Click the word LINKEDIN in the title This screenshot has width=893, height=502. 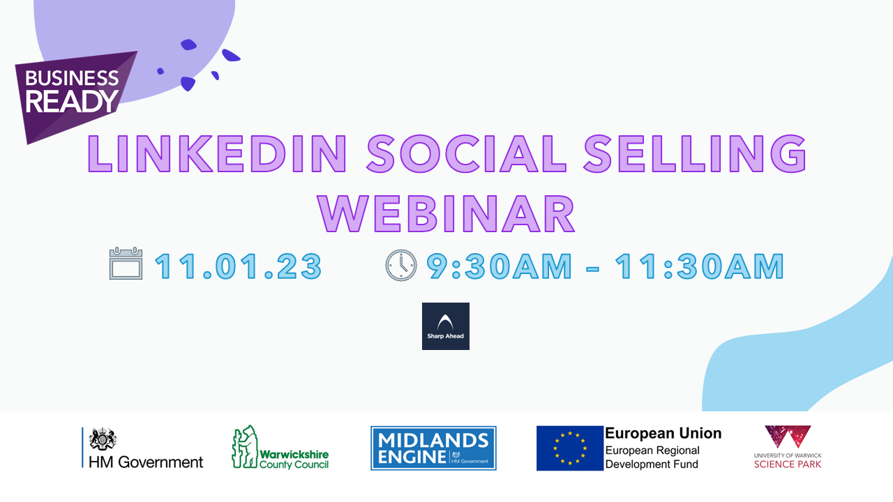[217, 153]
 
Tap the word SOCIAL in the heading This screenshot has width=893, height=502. [467, 153]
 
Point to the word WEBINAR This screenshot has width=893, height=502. [446, 213]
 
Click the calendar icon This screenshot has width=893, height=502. [126, 264]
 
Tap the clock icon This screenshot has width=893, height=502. [401, 266]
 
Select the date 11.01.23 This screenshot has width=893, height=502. [239, 266]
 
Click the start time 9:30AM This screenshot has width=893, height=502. [500, 266]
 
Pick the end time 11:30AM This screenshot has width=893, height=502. [700, 266]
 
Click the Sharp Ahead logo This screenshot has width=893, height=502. [446, 326]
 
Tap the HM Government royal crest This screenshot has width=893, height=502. [103, 439]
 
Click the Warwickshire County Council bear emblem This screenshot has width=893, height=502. [245, 447]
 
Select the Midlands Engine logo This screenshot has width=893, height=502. [433, 448]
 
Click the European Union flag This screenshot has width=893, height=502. [570, 448]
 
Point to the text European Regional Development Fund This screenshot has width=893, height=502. [652, 457]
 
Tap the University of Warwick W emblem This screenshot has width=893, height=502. [788, 436]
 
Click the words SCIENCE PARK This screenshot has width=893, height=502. [788, 464]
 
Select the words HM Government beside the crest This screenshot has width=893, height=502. [146, 462]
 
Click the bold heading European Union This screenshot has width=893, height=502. [663, 433]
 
